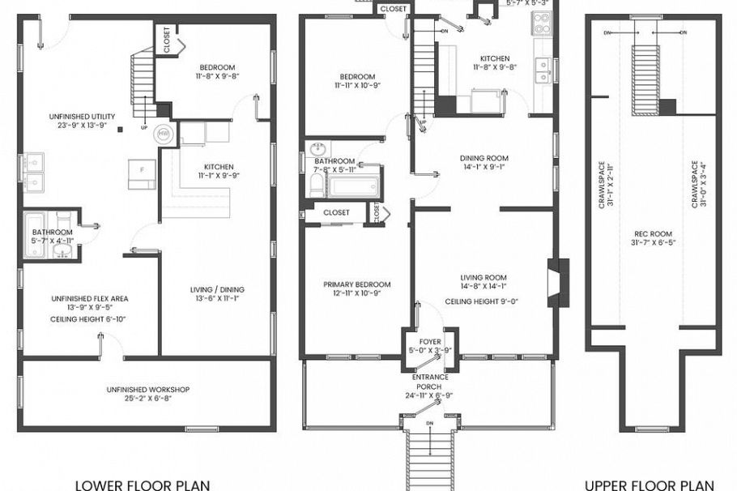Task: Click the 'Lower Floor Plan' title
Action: (143, 485)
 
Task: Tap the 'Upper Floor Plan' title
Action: (650, 485)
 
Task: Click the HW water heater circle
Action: (164, 132)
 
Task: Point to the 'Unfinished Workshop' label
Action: (147, 390)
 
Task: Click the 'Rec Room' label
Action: (653, 241)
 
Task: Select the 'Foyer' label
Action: (429, 342)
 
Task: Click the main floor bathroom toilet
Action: (316, 186)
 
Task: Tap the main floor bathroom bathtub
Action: (355, 185)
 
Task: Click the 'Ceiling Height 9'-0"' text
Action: (481, 301)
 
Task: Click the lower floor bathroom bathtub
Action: (36, 236)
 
